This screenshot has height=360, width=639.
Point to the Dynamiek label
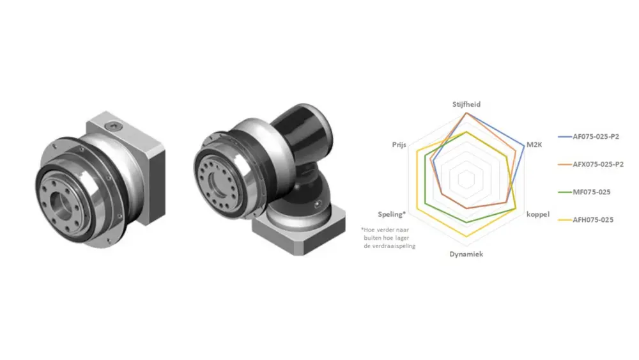coord(466,254)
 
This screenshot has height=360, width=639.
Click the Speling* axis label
coord(392,214)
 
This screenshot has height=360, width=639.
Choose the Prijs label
coord(399,145)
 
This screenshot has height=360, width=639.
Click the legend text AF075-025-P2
coord(596,136)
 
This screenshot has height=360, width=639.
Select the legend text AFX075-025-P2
coord(598,164)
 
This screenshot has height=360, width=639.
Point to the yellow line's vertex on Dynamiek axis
coord(467,237)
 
